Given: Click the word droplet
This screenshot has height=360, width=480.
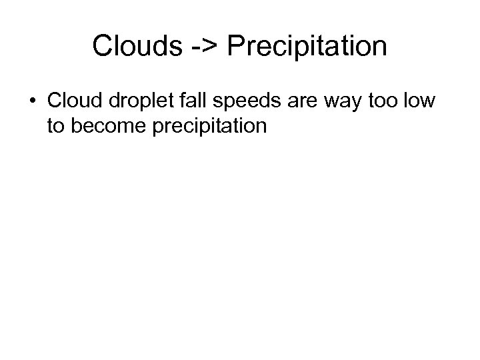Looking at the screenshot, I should pyautogui.click(x=138, y=101).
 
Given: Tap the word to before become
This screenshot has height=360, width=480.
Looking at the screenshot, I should pyautogui.click(x=56, y=125).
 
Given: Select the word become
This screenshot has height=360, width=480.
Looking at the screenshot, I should pyautogui.click(x=107, y=125).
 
